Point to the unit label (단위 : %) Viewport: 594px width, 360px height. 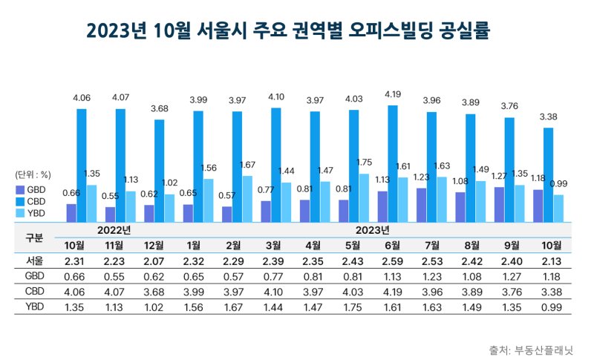pyautogui.click(x=33, y=175)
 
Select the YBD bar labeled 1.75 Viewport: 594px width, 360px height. pyautogui.click(x=363, y=197)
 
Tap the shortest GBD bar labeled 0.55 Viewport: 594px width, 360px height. pyautogui.click(x=111, y=214)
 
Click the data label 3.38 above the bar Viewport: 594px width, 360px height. pyautogui.click(x=548, y=117)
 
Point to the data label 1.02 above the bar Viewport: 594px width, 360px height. pyautogui.click(x=169, y=183)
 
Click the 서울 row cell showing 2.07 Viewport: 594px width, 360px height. pyautogui.click(x=151, y=261)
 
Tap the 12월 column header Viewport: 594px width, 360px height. pyautogui.click(x=151, y=246)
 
